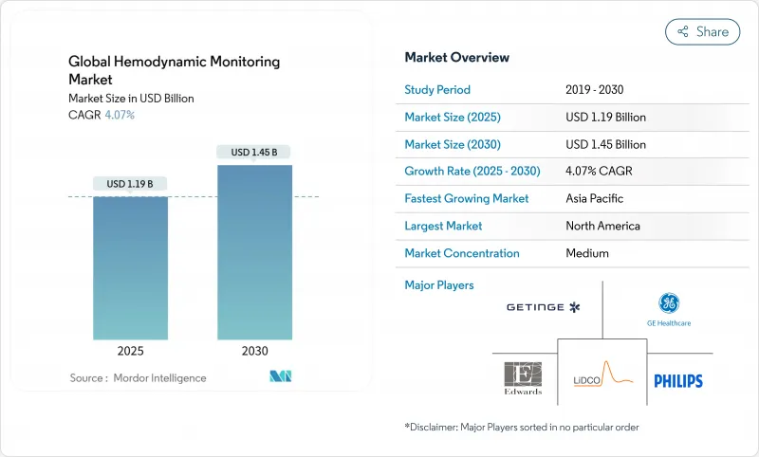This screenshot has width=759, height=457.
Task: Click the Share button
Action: coord(702,31)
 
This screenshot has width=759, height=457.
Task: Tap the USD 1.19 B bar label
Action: coord(131,183)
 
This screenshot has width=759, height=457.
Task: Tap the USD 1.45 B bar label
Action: coord(254,152)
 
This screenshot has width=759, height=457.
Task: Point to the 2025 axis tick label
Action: coord(131,351)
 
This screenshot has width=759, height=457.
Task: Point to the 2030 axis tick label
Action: coord(254,351)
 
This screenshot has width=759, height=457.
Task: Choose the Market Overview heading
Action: coord(457,58)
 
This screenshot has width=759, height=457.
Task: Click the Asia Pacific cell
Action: coord(595,199)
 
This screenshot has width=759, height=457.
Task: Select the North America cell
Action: coord(602,226)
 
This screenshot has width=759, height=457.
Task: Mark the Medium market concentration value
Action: coord(586,253)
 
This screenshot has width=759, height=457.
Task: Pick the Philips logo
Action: coord(678,380)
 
